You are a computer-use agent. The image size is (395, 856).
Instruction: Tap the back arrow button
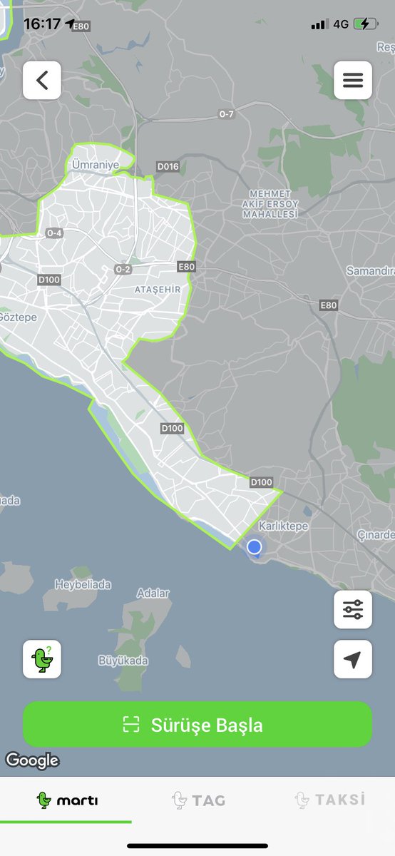42,80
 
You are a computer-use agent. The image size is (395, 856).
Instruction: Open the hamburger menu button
353,80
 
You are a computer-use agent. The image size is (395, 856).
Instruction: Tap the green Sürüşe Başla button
197,725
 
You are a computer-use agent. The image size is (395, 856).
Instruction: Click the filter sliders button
353,609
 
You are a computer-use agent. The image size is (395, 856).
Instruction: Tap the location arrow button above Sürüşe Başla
353,660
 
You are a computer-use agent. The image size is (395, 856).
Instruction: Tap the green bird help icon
42,658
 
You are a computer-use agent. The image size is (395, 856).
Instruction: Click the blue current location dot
254,547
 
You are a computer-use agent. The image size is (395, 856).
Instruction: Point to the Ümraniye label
95,164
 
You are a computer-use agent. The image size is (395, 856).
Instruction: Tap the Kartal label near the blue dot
282,526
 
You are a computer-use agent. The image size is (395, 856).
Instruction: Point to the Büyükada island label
123,661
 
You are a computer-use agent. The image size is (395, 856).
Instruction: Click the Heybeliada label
83,585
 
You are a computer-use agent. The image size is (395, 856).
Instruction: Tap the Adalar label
153,593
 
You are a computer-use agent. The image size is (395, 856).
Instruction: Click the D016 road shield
168,167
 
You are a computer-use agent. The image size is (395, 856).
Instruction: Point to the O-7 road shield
226,114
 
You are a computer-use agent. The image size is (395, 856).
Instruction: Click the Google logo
32,760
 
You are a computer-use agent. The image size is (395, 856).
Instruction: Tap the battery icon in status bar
366,24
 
